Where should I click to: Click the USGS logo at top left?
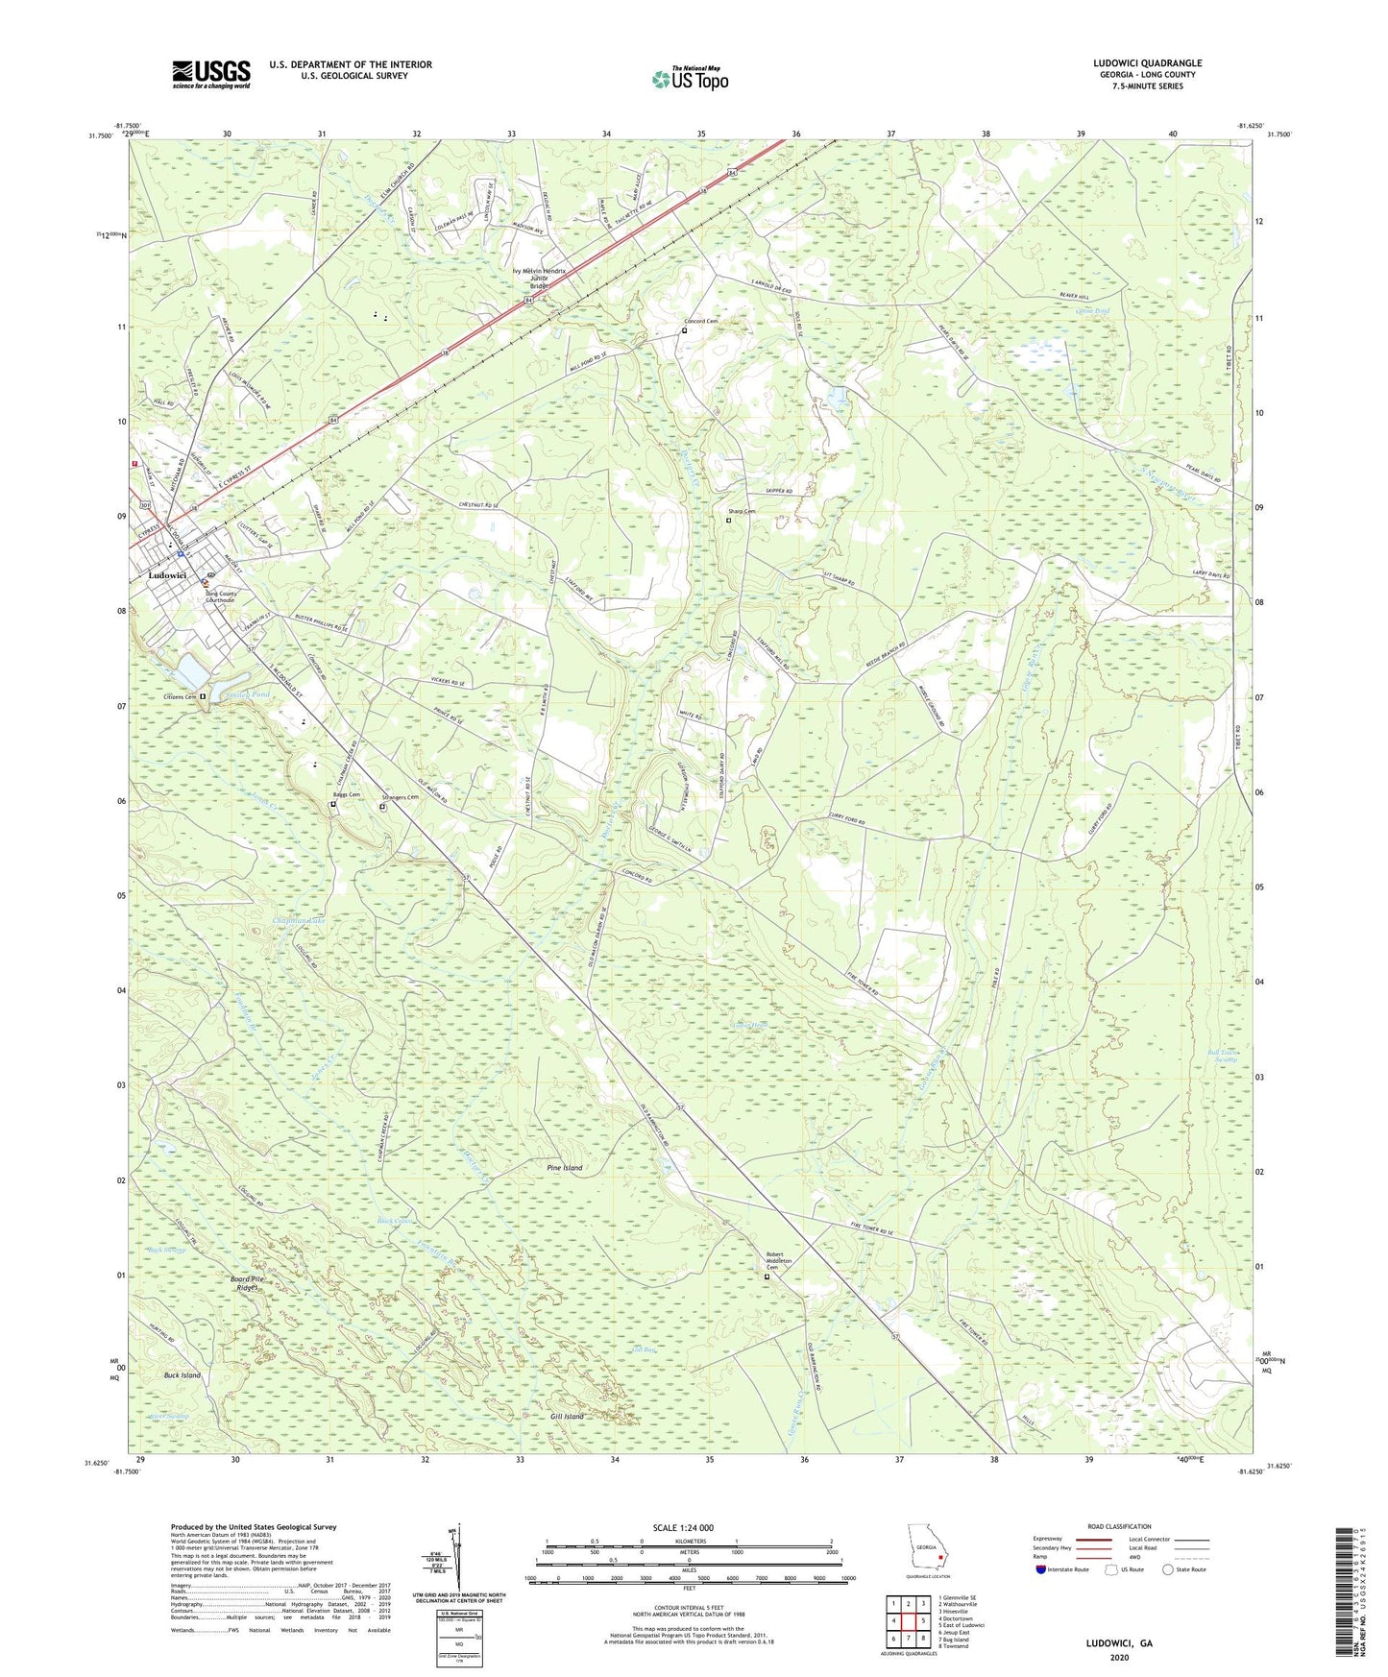click(x=211, y=74)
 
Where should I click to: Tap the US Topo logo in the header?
click(x=689, y=79)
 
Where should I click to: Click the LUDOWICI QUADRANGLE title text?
click(x=1147, y=63)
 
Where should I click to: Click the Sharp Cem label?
click(x=742, y=512)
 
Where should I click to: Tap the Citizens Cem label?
click(x=177, y=696)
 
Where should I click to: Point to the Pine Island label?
click(x=564, y=1168)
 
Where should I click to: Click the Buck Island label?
click(x=183, y=1375)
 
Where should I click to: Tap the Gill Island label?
click(x=567, y=1417)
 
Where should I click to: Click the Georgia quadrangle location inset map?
click(x=927, y=1551)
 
